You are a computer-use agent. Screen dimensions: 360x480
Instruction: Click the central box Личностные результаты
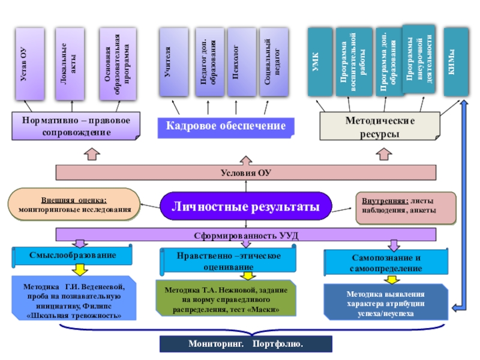coord(246,207)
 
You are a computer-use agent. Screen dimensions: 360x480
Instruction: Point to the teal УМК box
coord(319,62)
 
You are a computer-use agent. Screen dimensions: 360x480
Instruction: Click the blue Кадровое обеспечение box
coord(230,126)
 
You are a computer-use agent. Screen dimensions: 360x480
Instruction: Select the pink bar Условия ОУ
coord(245,173)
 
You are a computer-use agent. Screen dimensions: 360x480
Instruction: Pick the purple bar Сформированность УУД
coord(245,235)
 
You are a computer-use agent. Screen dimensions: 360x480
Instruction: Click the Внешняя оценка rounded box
coord(74,205)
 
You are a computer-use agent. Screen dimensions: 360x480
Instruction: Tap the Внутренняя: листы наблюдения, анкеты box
coord(397,205)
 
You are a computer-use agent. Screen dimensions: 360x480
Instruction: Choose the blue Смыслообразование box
coord(73,256)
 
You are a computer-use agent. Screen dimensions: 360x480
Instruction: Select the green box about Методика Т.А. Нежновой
coord(226,298)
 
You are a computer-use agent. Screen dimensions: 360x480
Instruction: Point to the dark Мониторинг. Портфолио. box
coord(245,344)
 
